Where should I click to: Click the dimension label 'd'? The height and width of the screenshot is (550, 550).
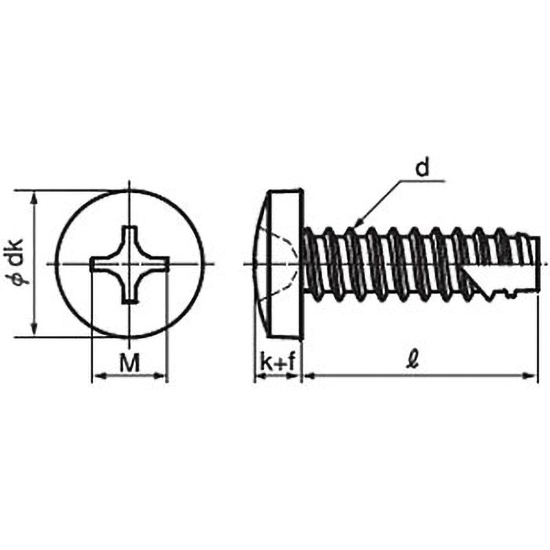422,168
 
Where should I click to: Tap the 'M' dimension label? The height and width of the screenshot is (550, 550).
129,363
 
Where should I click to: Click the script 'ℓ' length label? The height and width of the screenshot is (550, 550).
413,360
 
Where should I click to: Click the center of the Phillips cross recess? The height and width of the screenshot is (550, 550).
130,264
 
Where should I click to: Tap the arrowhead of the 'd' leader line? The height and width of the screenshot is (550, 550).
358,223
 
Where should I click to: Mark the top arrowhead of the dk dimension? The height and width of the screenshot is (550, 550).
34,197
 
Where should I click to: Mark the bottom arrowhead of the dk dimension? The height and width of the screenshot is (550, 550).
34,330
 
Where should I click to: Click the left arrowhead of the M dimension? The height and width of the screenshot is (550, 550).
99,375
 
